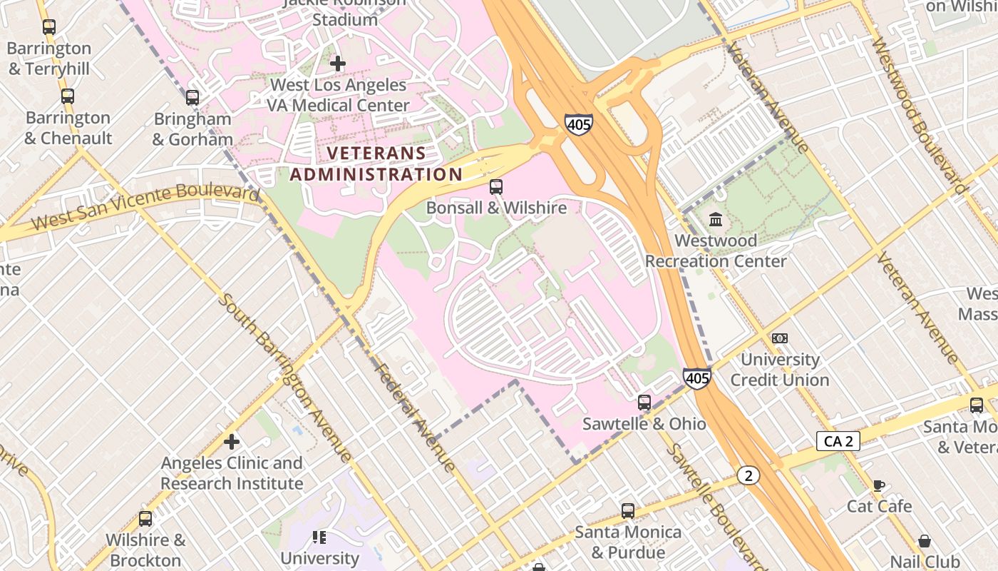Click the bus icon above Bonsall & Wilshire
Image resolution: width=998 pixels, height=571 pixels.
496,187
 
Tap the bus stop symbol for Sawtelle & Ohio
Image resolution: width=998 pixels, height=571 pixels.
644,403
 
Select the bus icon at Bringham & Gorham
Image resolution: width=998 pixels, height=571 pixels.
192,98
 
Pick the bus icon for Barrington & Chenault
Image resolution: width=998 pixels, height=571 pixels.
68,96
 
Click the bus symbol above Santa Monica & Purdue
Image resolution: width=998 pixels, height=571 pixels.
628,511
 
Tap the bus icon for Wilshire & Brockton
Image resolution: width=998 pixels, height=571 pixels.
145,519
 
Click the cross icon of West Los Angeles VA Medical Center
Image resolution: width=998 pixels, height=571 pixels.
338,64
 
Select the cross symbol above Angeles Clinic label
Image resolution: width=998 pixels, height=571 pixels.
232,442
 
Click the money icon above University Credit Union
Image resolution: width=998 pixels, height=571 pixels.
780,338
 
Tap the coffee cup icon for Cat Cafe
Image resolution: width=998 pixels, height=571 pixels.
879,485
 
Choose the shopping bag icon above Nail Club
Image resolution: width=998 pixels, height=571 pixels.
925,541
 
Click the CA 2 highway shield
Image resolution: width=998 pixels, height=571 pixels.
838,441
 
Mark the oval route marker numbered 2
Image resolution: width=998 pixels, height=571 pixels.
748,475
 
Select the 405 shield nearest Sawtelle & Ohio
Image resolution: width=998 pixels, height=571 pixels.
696,378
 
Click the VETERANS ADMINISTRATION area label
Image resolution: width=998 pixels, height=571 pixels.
376,163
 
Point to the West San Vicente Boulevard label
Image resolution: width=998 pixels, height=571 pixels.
145,208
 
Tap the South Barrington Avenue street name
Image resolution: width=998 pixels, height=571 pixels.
285,378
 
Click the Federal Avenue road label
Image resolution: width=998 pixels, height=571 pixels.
415,418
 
